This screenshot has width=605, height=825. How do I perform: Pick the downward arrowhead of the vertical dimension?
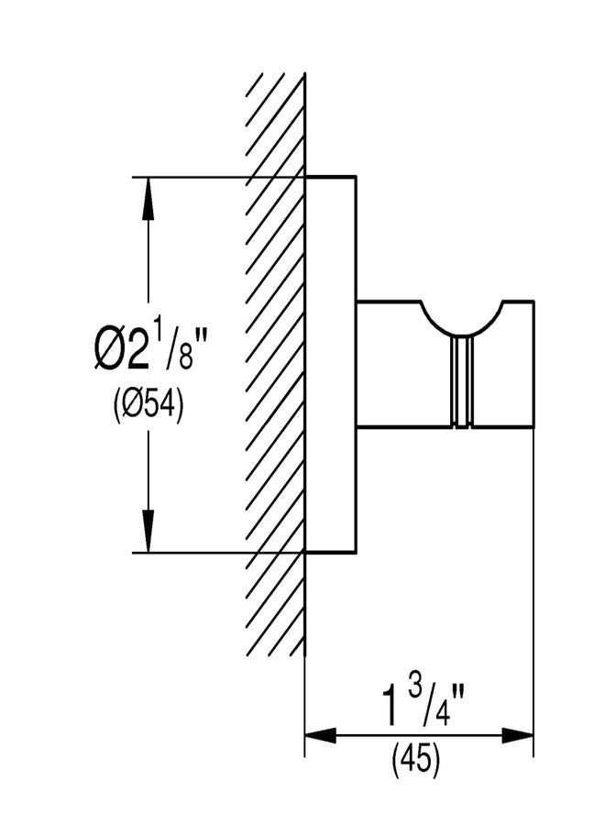point(148,531)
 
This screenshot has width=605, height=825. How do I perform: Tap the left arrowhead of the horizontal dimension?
point(321,735)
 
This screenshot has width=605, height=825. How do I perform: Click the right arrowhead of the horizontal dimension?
point(518,735)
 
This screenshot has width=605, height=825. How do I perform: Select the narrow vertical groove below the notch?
point(462,381)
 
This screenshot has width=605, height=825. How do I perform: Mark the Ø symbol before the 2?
point(109,351)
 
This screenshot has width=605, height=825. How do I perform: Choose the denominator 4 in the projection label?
point(443,713)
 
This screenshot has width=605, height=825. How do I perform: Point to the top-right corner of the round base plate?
point(357,176)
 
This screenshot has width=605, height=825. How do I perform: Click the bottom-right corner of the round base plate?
point(357,554)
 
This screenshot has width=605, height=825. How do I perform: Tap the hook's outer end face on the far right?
point(534,364)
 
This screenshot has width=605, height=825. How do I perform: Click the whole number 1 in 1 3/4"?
point(390,708)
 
